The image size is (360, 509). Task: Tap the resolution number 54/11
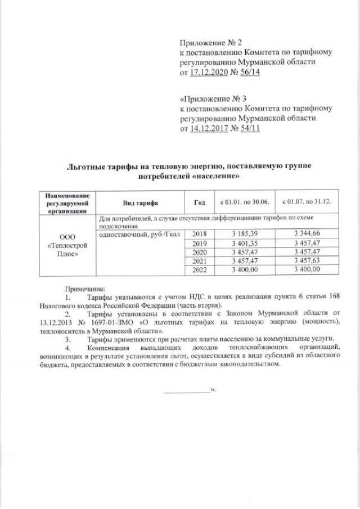click(x=248, y=129)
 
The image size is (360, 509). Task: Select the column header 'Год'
click(x=200, y=202)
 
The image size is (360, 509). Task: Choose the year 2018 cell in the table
click(x=200, y=233)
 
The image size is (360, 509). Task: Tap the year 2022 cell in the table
click(x=200, y=270)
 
